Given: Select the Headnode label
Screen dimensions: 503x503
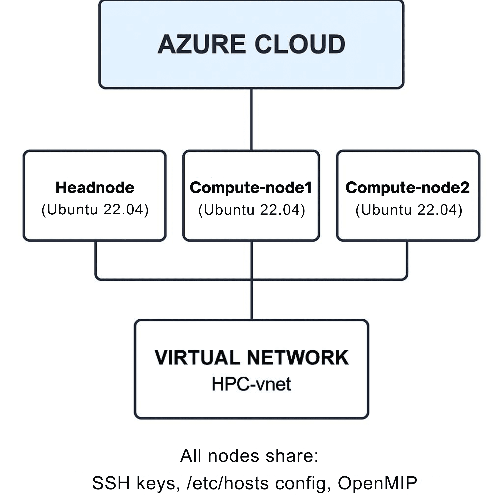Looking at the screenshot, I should (95, 188).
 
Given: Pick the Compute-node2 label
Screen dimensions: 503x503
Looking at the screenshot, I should (407, 188).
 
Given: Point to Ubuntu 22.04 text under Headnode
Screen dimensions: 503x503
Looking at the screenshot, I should (95, 210).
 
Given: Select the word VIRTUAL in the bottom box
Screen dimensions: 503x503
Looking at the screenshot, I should (197, 358).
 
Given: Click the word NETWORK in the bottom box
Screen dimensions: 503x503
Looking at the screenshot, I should (298, 358).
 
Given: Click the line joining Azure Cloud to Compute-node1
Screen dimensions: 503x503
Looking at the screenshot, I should (251, 120).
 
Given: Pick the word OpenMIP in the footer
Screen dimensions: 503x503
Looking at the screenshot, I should (377, 483).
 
